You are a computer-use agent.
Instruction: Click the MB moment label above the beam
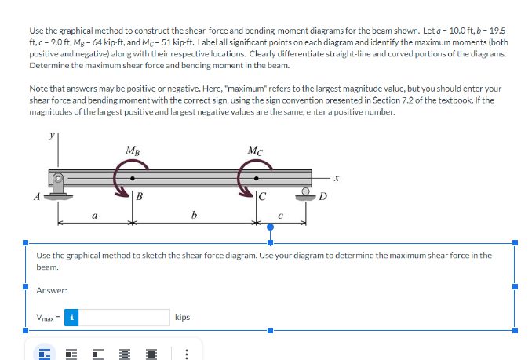click(133, 150)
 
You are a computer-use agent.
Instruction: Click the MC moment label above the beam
click(255, 150)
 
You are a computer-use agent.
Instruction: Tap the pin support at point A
click(58, 187)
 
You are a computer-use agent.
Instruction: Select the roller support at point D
click(306, 195)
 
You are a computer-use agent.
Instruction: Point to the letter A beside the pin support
click(37, 197)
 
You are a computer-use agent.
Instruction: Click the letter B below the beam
click(139, 196)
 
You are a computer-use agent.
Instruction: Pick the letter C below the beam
click(263, 197)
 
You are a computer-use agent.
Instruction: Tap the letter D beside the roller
click(322, 197)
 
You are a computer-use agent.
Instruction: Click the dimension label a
click(95, 215)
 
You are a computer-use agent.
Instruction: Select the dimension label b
click(194, 215)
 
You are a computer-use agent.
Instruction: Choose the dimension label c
click(280, 216)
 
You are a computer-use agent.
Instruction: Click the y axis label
click(52, 136)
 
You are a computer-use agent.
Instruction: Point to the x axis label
click(337, 177)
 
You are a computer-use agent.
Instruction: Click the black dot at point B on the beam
click(133, 178)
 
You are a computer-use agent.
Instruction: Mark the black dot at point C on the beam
click(256, 178)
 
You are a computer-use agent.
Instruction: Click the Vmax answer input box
click(124, 318)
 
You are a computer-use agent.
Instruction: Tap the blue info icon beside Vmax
click(71, 318)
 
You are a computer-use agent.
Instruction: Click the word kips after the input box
click(183, 318)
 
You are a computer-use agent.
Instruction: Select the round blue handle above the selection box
click(271, 227)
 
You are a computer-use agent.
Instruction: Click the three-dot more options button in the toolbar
click(187, 355)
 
